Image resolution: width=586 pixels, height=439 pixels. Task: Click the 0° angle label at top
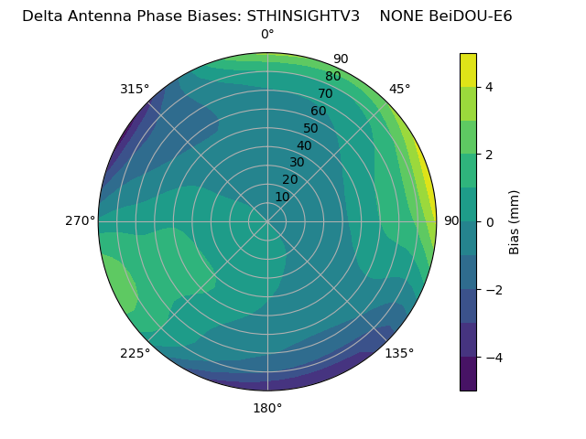click(x=267, y=35)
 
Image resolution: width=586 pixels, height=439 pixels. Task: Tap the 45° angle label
click(x=400, y=89)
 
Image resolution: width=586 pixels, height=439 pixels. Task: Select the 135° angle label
click(x=399, y=353)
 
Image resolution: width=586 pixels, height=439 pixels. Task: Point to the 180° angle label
click(x=267, y=408)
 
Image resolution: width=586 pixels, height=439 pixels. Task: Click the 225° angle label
click(x=135, y=353)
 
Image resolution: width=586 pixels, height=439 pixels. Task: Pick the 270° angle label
click(x=80, y=220)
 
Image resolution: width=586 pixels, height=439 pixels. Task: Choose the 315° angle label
click(x=135, y=89)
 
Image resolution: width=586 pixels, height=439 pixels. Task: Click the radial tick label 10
click(x=282, y=197)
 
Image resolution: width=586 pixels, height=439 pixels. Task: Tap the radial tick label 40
click(x=304, y=145)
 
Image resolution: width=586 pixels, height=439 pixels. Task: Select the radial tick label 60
click(x=318, y=112)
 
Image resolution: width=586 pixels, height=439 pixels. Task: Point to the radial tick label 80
click(x=332, y=77)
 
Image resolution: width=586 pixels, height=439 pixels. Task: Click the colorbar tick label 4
click(x=489, y=87)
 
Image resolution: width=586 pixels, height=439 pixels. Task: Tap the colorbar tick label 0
click(x=489, y=222)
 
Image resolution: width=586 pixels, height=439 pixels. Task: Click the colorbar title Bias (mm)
click(x=515, y=222)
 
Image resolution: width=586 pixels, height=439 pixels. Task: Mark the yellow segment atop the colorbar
click(x=468, y=70)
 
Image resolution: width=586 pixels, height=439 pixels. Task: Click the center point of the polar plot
click(x=267, y=221)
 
